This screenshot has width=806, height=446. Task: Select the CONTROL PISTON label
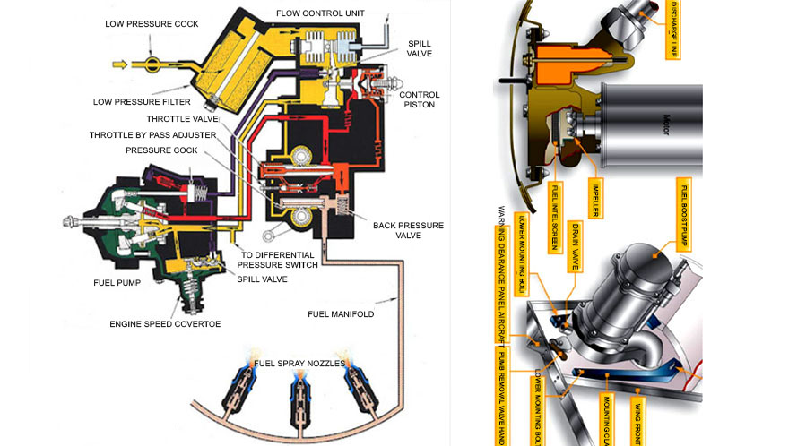coord(418,99)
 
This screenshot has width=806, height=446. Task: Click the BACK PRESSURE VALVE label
coord(408,231)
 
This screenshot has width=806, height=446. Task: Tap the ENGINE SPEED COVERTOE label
coord(165,324)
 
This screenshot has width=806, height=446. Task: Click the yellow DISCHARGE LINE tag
coord(672,29)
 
